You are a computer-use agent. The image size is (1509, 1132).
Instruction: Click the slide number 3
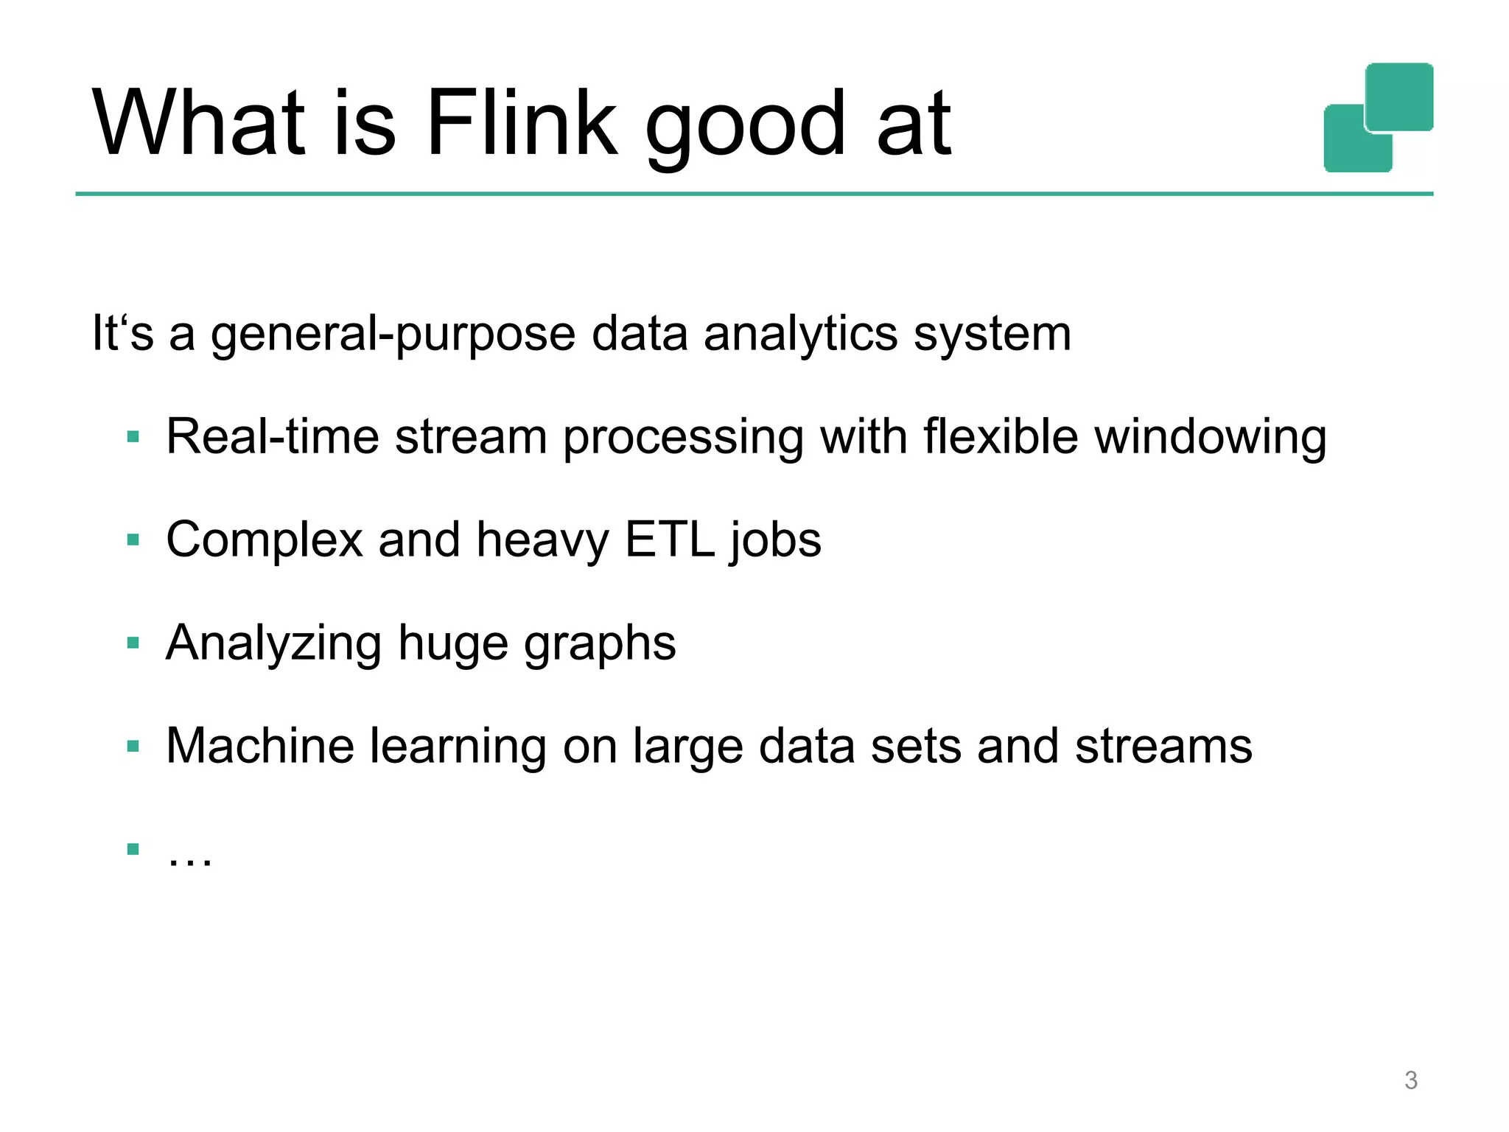click(1410, 1080)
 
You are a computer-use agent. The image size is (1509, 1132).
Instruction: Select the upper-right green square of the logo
click(1399, 96)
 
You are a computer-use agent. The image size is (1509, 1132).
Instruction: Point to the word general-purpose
click(393, 335)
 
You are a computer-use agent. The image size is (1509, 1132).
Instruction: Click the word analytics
click(800, 335)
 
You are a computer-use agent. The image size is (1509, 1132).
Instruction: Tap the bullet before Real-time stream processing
click(133, 437)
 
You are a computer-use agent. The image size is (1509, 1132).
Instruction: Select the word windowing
click(1210, 439)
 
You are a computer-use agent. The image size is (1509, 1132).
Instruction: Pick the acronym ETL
click(670, 539)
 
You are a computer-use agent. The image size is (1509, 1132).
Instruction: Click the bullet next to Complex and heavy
click(133, 540)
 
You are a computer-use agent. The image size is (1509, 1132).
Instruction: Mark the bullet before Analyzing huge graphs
click(133, 643)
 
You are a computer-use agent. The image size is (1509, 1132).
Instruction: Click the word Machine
click(260, 746)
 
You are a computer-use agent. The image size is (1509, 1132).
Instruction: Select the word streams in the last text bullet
click(1163, 747)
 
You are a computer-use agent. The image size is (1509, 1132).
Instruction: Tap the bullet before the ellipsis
click(133, 849)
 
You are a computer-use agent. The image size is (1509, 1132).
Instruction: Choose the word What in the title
click(199, 123)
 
